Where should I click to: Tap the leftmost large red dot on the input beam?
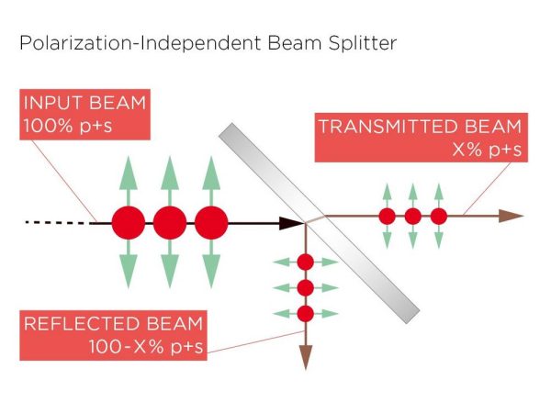[x=129, y=222]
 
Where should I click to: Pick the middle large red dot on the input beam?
[x=170, y=222]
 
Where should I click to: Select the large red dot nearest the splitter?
[x=211, y=222]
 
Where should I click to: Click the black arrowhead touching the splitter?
[x=296, y=222]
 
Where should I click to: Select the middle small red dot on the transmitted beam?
[x=412, y=217]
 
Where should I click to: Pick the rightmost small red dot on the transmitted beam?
[x=438, y=217]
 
